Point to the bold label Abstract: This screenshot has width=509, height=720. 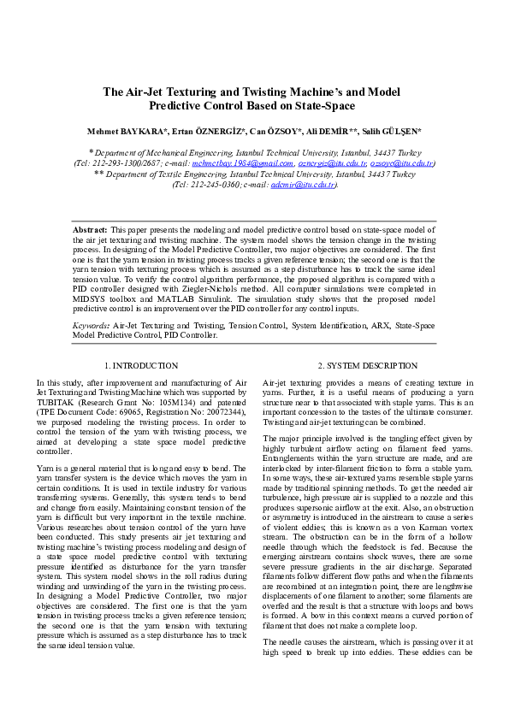coord(90,231)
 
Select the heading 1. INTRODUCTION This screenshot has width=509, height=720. coord(141,365)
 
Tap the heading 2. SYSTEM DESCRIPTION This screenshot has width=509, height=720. coord(367,365)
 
